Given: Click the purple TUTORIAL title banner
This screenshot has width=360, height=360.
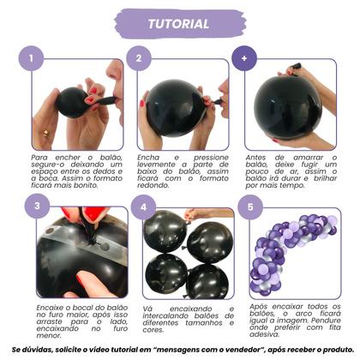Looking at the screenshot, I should coord(179,22).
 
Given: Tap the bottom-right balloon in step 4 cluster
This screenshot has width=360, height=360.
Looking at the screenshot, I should coord(207,280).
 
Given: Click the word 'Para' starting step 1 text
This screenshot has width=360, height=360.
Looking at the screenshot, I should coord(39,158).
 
